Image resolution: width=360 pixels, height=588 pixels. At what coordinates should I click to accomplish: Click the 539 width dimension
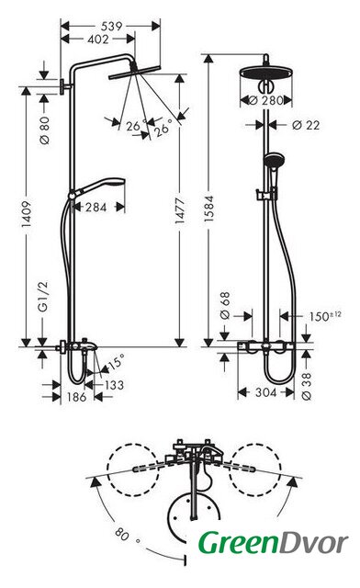tap(111, 26)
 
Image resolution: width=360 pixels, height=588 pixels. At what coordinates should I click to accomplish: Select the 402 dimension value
tap(97, 39)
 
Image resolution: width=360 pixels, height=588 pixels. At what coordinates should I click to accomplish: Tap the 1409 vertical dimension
tap(26, 214)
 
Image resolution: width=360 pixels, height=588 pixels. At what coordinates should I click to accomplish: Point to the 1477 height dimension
tap(180, 210)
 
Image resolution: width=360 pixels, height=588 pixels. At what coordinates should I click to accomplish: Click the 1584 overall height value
tap(208, 209)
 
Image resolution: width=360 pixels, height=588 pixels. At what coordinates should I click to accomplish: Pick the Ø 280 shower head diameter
tap(266, 100)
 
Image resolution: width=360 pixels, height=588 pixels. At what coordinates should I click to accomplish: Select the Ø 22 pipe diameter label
tap(306, 125)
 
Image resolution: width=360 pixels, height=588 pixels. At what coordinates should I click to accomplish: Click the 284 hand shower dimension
tap(96, 207)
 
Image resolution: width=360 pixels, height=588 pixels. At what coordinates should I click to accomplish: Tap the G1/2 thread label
tap(44, 297)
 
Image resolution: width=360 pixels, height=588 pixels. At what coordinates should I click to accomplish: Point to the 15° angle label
tap(115, 362)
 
